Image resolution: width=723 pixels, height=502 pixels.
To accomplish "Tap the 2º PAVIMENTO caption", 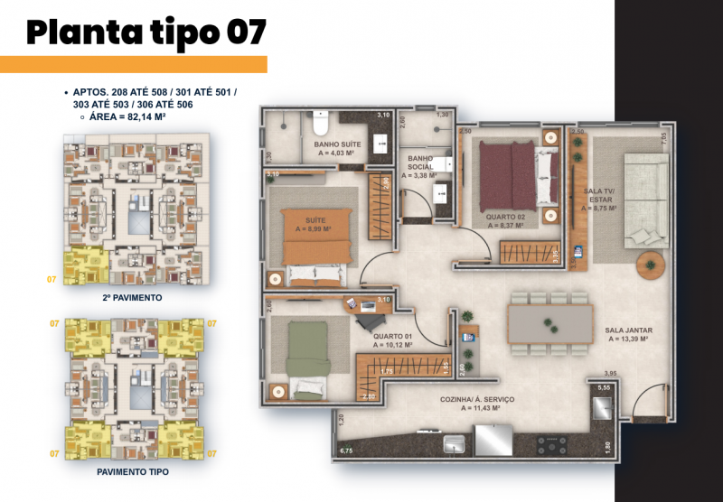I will coord(133,297).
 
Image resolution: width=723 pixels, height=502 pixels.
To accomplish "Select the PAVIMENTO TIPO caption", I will coord(133,471).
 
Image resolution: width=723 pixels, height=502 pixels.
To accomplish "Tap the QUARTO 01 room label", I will coord(392,340).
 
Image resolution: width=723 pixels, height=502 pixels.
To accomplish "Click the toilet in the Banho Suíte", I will coord(321,122).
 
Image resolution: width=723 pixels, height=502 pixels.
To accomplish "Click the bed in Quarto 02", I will coord(508,167).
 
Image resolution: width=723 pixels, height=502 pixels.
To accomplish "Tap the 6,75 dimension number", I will coord(344,449).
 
